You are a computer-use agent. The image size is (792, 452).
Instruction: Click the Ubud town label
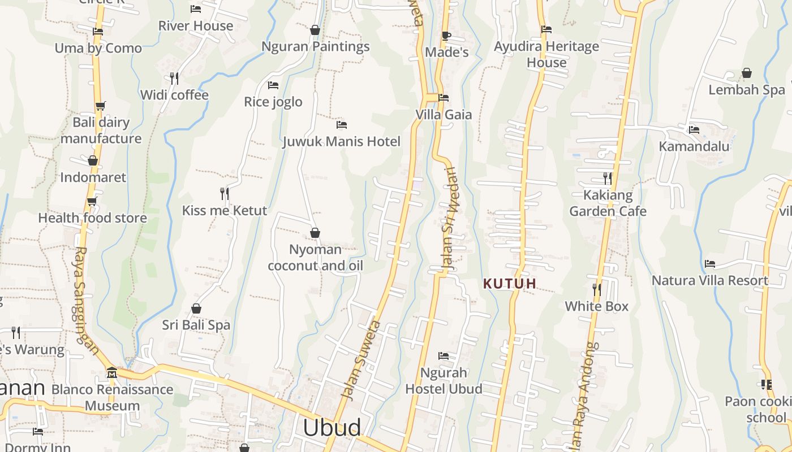click(x=332, y=428)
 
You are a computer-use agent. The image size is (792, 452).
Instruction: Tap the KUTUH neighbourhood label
click(x=510, y=284)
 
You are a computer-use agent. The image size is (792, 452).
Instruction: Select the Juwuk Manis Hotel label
click(x=342, y=141)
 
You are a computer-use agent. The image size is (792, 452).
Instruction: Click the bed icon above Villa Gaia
click(x=444, y=98)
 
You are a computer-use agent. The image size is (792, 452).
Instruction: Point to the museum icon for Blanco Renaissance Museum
click(x=112, y=373)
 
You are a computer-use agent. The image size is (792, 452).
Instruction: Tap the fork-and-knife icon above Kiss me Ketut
click(x=225, y=194)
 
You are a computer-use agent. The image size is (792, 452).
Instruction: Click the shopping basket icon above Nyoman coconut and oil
click(x=315, y=233)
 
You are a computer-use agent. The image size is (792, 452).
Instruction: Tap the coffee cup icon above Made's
click(x=446, y=36)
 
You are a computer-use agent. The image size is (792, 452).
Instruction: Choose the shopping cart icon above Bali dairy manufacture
click(x=101, y=106)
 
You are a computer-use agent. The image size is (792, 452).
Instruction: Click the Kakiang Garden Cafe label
click(x=608, y=203)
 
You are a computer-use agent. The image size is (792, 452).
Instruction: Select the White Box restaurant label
click(x=597, y=306)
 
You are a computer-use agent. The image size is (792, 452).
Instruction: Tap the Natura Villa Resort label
click(x=709, y=280)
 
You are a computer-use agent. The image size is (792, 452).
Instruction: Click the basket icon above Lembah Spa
click(x=747, y=73)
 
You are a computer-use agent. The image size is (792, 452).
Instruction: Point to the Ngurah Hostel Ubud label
click(x=444, y=381)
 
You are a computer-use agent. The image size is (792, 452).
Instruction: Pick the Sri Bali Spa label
click(x=196, y=325)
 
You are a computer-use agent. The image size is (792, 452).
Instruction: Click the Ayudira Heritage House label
click(x=546, y=54)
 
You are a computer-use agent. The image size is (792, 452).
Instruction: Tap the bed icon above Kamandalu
click(x=694, y=130)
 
